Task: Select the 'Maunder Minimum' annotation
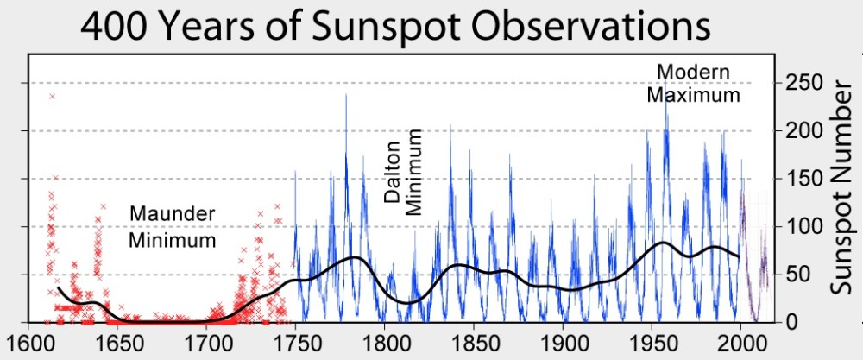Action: click(172, 226)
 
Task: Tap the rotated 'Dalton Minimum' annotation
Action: click(403, 173)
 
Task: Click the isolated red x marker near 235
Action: click(53, 96)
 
